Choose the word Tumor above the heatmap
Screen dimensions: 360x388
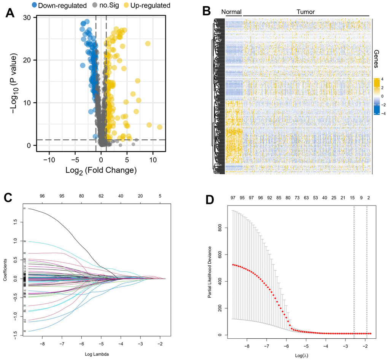[x=305, y=12]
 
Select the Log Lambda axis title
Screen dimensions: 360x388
[x=92, y=355]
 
